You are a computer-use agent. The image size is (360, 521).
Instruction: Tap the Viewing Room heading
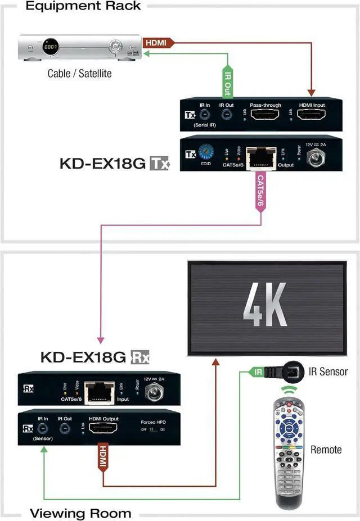pos(80,513)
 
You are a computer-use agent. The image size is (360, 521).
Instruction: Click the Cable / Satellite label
pos(79,74)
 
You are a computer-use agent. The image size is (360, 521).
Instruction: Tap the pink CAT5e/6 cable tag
pos(260,194)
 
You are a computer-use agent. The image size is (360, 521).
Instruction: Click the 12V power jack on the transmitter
pos(318,158)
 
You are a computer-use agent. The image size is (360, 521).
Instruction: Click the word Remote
pos(326,450)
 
